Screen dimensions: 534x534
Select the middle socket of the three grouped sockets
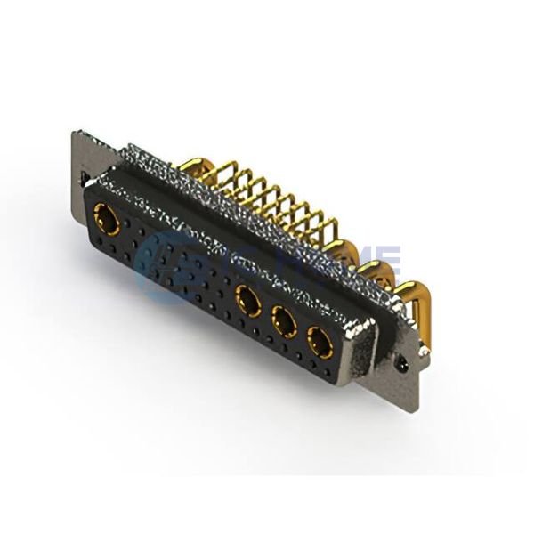pos(284,319)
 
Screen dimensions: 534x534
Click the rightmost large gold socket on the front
pos(320,342)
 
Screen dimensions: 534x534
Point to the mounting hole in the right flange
pos(403,364)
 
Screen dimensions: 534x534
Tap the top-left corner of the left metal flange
pos(74,133)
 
